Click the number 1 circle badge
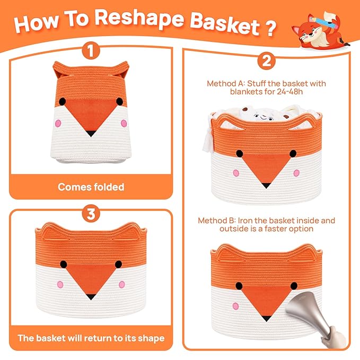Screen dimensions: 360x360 click(x=91, y=50)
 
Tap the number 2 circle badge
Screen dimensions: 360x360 click(x=266, y=61)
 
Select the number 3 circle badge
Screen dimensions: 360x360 click(x=91, y=214)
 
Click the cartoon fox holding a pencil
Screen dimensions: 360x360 click(x=320, y=30)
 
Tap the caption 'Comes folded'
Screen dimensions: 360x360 click(x=91, y=187)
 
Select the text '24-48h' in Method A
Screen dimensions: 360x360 click(x=289, y=92)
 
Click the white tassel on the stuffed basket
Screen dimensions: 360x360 click(x=208, y=135)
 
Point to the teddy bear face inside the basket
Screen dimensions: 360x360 click(x=264, y=117)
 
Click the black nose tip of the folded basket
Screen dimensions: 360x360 click(x=91, y=133)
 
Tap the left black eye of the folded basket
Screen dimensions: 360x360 click(x=62, y=101)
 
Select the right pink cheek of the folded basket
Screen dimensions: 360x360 click(x=124, y=124)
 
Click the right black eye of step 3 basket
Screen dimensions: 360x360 click(x=118, y=265)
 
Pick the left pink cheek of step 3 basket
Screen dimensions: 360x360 click(x=60, y=285)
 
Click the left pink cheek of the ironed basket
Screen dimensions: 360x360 click(x=235, y=306)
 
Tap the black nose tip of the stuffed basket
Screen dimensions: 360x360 click(x=266, y=185)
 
